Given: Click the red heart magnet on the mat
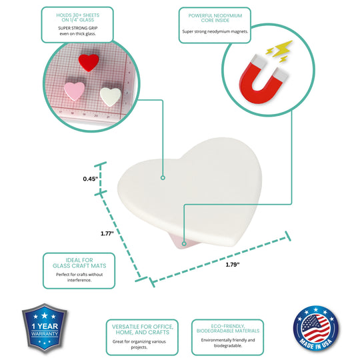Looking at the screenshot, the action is (x=89, y=63).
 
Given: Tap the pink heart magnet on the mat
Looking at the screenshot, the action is (x=75, y=91).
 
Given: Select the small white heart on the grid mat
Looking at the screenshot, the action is (x=111, y=97).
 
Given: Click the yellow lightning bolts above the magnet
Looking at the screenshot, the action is (x=279, y=51).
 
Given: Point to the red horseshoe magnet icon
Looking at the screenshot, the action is (x=263, y=81).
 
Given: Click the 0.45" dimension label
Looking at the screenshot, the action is (x=91, y=179).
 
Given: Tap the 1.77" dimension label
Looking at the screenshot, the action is (x=107, y=233).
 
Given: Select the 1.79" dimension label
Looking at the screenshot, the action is (x=233, y=265).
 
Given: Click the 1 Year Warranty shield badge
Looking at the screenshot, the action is (x=45, y=328).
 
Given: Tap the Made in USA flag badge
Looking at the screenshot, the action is (x=316, y=328).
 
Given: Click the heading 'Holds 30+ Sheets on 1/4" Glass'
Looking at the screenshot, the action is (x=78, y=17).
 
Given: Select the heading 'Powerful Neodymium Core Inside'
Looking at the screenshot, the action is (x=215, y=18).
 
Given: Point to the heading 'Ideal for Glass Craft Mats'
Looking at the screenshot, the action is (x=79, y=263).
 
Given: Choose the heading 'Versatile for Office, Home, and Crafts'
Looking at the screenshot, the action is (x=143, y=329).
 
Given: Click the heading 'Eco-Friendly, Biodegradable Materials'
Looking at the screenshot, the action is (x=228, y=329).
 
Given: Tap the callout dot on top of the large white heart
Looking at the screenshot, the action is (x=163, y=178).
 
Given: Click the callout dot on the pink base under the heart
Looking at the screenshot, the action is (x=184, y=243).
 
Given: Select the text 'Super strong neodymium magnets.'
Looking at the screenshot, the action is (x=215, y=31).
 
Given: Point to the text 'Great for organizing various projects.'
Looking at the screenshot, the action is (x=139, y=345).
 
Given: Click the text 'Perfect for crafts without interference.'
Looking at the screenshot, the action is (x=79, y=277).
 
